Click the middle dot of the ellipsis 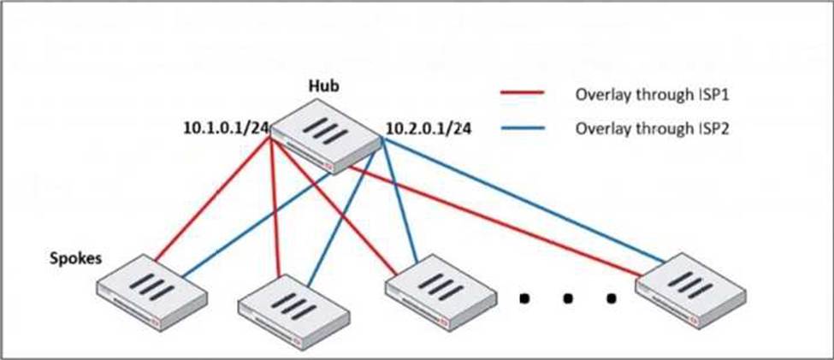click(x=566, y=298)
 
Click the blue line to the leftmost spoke click(x=257, y=222)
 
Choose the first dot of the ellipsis click(x=523, y=298)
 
